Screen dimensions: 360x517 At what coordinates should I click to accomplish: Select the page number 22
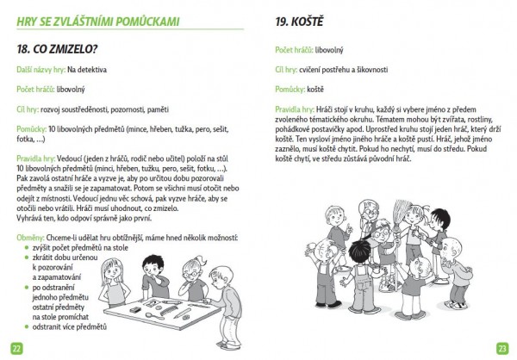tap(16, 348)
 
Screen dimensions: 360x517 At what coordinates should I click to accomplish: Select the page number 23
tap(501, 348)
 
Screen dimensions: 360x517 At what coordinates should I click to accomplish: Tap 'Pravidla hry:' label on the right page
tap(294, 109)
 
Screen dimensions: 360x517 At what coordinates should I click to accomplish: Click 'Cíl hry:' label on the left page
tap(31, 109)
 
